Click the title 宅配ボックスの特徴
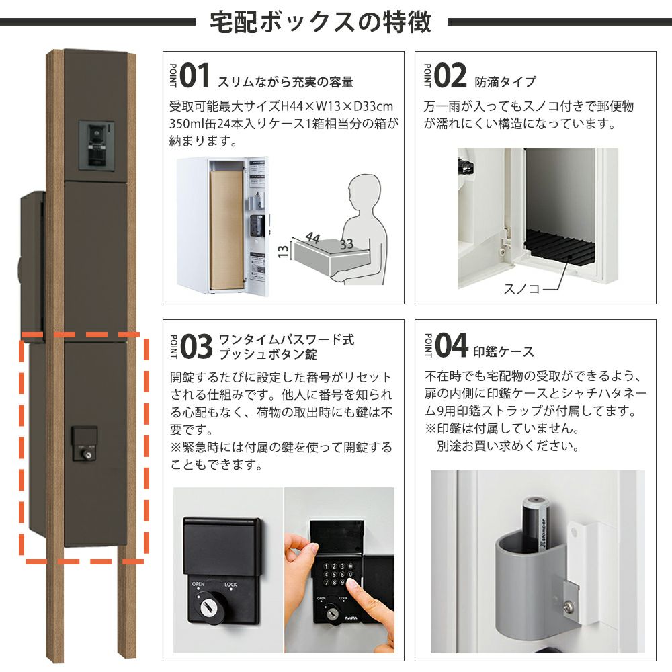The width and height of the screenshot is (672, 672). (320, 22)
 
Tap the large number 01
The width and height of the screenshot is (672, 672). (195, 75)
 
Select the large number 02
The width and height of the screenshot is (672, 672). (450, 75)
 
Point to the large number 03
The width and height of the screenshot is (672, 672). (196, 346)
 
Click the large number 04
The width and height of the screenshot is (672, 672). (452, 345)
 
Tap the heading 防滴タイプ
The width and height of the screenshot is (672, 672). (505, 81)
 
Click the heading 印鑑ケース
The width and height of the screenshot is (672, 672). (503, 352)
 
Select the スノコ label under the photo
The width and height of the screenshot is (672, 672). (521, 288)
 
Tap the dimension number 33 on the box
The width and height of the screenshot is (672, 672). (347, 245)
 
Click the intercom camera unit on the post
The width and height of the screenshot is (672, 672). (97, 145)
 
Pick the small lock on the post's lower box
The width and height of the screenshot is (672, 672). (85, 444)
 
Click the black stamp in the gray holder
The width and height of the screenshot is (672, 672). (537, 524)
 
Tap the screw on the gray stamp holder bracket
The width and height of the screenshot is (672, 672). (570, 606)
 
